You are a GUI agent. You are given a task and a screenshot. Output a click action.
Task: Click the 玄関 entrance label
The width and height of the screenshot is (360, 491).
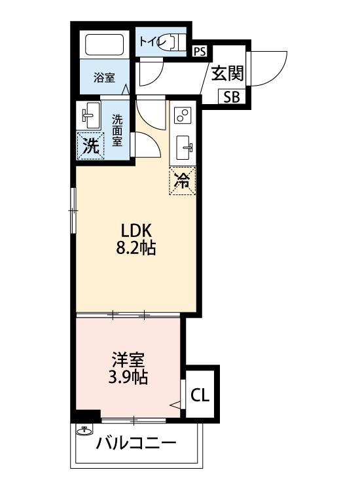226,73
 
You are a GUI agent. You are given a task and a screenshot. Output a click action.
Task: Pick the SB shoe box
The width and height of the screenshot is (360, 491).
231,98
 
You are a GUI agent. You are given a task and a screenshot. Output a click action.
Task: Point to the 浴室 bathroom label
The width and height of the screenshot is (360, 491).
104,78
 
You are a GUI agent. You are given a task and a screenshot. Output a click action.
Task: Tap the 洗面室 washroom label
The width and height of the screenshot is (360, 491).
117,130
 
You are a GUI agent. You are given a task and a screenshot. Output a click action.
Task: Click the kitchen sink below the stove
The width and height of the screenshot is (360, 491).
183,148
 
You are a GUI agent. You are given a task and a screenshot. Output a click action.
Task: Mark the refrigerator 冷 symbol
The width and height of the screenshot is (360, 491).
183,181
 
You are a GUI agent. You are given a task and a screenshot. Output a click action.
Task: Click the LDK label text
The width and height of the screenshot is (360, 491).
136,230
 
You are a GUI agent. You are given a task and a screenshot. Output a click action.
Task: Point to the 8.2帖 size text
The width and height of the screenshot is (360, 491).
137,249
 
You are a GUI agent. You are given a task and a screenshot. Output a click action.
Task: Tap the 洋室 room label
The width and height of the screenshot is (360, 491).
128,359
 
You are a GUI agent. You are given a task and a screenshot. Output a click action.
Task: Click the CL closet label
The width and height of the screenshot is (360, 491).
200,395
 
